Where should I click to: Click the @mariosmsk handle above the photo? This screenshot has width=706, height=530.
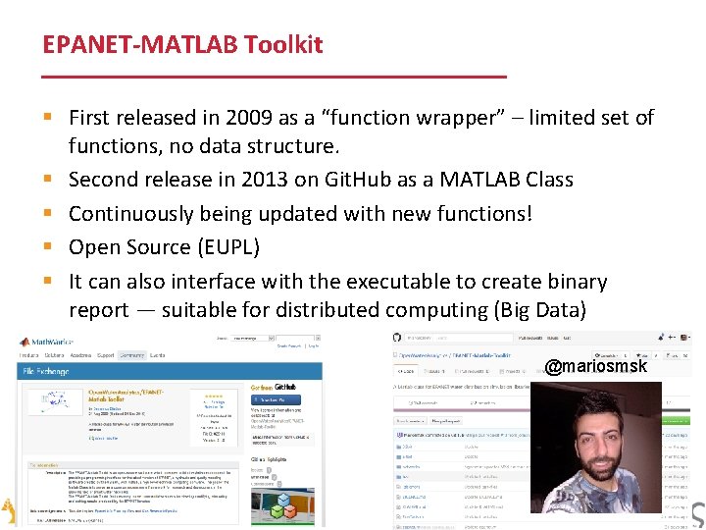coord(595,367)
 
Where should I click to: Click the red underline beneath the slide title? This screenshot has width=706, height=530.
coord(275,77)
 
